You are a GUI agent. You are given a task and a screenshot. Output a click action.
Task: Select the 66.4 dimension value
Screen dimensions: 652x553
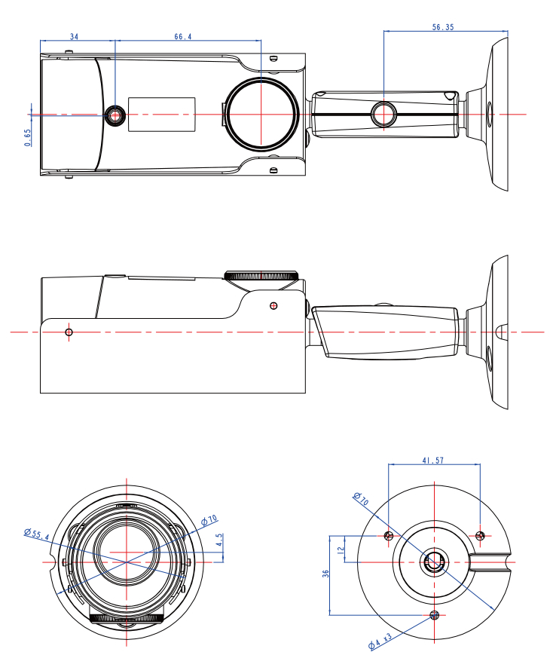(182, 36)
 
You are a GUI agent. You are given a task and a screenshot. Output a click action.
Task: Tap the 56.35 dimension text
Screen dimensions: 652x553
(443, 26)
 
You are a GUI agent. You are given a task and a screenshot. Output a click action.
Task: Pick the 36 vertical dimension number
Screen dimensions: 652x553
(325, 574)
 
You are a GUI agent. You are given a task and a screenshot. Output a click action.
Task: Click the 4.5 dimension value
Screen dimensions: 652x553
(219, 540)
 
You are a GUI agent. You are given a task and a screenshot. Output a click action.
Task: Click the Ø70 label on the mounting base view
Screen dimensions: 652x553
(359, 500)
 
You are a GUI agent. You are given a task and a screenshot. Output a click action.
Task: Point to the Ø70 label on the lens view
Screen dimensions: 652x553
(209, 519)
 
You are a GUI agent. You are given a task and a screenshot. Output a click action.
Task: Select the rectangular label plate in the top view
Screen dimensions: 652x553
(161, 114)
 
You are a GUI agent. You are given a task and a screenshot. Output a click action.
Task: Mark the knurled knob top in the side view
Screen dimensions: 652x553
(261, 275)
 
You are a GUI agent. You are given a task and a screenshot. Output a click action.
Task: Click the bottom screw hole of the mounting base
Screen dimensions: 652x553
(433, 615)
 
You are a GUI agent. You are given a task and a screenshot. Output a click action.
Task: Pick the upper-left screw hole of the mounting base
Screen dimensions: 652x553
(388, 536)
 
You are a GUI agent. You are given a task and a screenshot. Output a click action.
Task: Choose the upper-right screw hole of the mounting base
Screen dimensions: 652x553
(481, 536)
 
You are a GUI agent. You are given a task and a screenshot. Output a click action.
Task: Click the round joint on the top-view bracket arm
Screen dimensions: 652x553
(383, 115)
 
